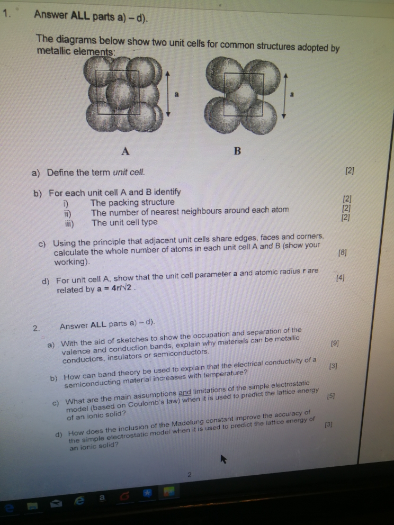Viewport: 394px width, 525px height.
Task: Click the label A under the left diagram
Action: [125, 151]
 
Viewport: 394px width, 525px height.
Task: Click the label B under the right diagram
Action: [237, 151]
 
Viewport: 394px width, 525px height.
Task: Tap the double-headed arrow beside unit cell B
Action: [286, 96]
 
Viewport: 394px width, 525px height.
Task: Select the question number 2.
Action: [35, 328]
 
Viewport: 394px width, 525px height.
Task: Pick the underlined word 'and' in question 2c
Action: [185, 392]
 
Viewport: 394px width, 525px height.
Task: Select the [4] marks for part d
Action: [341, 277]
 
